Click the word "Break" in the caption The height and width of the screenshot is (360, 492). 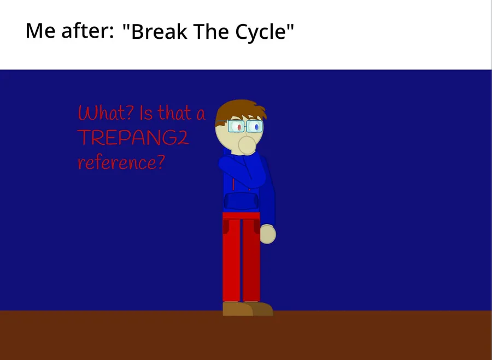click(x=160, y=31)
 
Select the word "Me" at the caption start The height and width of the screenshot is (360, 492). click(x=40, y=31)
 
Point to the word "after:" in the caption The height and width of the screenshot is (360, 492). click(x=87, y=31)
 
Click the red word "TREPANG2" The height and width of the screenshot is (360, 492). click(x=133, y=138)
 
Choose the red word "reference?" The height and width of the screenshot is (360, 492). click(x=121, y=162)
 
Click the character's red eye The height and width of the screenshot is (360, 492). click(x=239, y=127)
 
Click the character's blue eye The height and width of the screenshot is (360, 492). click(x=257, y=127)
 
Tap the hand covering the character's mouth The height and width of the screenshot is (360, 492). click(x=247, y=145)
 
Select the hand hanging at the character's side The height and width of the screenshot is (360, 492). click(x=268, y=234)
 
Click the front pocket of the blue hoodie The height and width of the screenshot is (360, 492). click(x=241, y=201)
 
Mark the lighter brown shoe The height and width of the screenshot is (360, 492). click(x=237, y=309)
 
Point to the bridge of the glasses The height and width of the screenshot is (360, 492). click(x=245, y=126)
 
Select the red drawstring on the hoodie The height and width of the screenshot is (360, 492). click(x=233, y=185)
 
